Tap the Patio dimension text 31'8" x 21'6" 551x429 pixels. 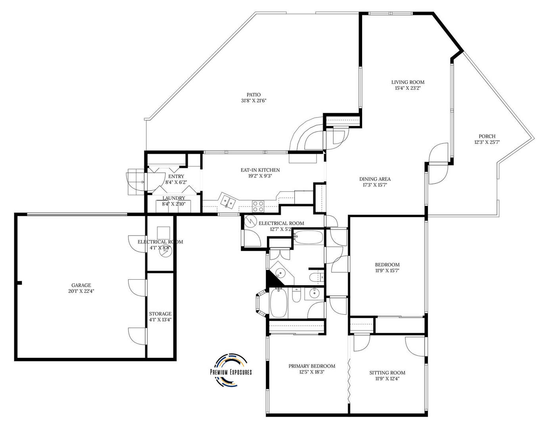(x=253, y=101)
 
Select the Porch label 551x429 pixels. (x=487, y=136)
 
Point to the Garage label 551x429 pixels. (x=81, y=285)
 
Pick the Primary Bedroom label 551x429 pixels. (x=312, y=366)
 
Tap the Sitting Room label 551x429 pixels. (x=387, y=373)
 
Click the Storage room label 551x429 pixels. (x=160, y=314)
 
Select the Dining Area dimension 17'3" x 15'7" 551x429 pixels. (x=375, y=185)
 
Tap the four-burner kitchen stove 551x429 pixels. (x=258, y=206)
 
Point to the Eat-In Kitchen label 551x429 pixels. (x=260, y=170)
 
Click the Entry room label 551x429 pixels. (x=176, y=176)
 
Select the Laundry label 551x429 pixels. (x=174, y=198)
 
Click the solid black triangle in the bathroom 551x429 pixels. (x=273, y=279)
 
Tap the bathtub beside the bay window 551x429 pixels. (x=278, y=303)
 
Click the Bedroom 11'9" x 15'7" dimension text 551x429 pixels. (x=387, y=271)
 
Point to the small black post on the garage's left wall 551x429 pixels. (x=20, y=283)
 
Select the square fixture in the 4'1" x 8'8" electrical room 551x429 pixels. (x=163, y=232)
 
